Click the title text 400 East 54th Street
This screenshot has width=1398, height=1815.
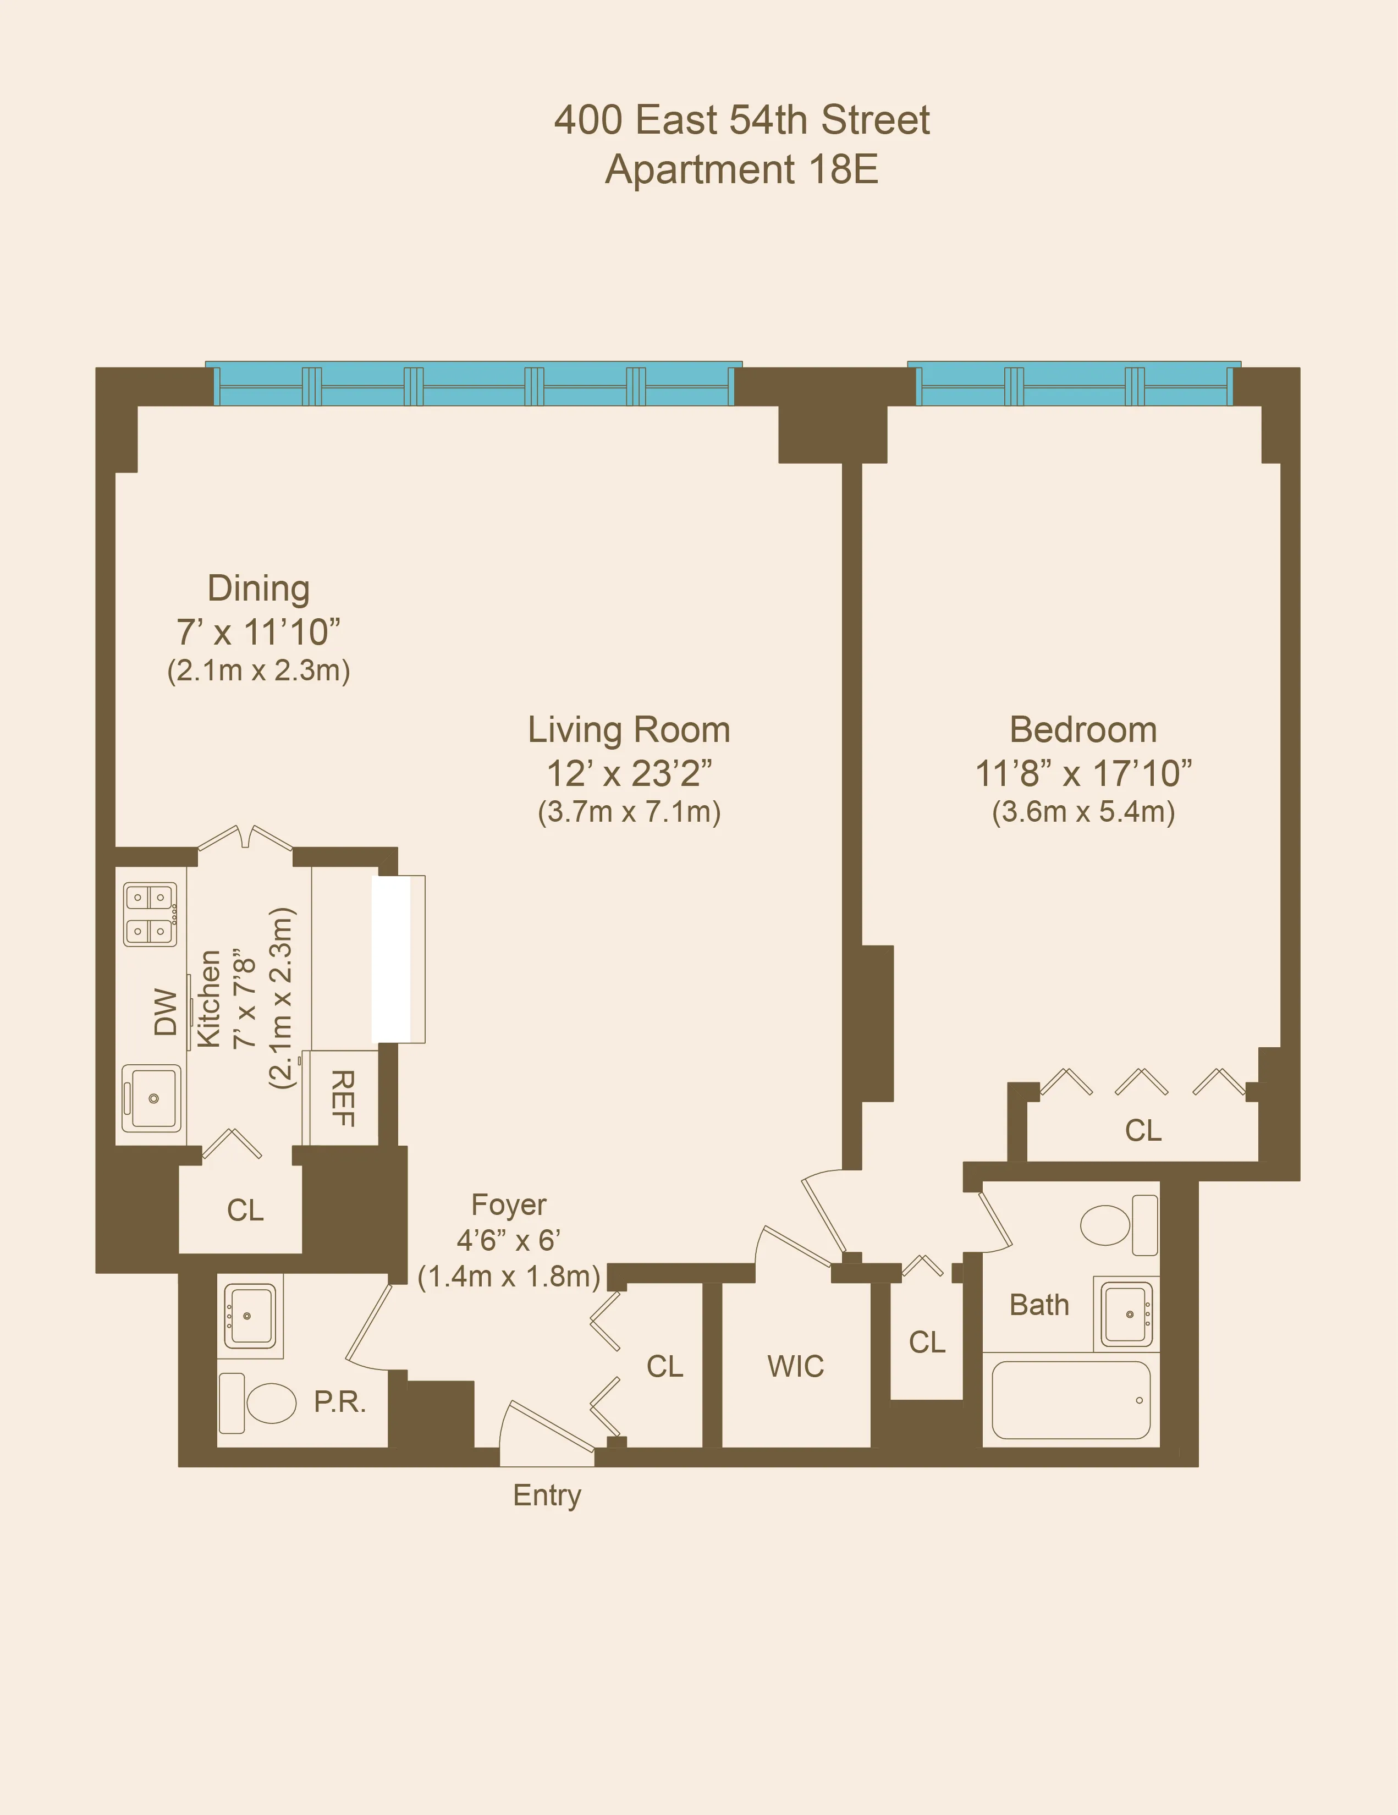741,120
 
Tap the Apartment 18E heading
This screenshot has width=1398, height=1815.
741,169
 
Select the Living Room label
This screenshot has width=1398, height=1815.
629,730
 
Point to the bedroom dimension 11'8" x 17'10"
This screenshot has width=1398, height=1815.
1083,774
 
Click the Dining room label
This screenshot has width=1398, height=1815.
258,588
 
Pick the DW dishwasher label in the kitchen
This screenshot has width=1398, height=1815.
166,1011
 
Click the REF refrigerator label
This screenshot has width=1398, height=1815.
343,1098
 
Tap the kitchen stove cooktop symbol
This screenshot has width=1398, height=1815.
151,914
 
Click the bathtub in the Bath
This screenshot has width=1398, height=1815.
1071,1400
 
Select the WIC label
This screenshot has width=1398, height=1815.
795,1366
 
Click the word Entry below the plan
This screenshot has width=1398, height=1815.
547,1495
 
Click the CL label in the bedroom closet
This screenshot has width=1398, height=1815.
1143,1131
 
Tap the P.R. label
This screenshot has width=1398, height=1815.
340,1402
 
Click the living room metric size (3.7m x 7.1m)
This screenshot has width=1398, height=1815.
629,811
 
